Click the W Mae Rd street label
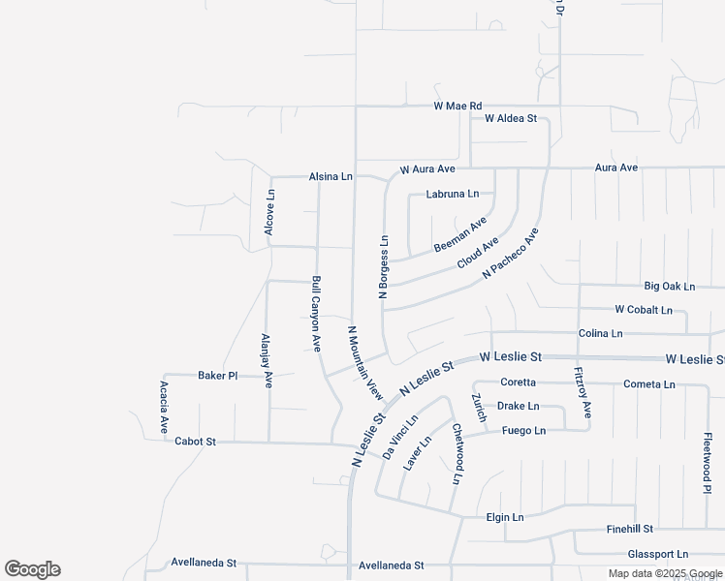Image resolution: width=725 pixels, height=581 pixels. tap(457, 106)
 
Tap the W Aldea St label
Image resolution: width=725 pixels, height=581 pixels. tap(510, 118)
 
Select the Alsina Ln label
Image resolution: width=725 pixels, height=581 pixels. tap(331, 177)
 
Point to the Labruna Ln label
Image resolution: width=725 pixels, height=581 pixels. tap(453, 194)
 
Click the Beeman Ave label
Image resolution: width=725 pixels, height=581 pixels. tap(460, 235)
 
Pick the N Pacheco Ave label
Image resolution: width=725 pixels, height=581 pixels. tap(510, 255)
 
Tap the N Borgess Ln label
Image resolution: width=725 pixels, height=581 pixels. tap(384, 266)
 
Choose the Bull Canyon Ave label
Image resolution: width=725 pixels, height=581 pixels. tap(316, 317)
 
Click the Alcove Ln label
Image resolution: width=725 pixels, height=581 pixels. tap(270, 211)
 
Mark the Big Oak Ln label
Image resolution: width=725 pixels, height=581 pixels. tap(670, 287)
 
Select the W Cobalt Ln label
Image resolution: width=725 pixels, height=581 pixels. tap(643, 310)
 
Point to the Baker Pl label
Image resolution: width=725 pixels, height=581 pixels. tap(217, 375)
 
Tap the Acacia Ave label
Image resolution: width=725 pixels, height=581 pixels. tap(164, 406)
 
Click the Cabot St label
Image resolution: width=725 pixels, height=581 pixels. tap(195, 442)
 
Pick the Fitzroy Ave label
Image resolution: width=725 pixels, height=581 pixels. tap(583, 392)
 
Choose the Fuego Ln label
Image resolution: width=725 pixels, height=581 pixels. tap(523, 431)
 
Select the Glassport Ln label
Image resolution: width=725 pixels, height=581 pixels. tap(657, 554)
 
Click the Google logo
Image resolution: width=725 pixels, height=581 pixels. tap(32, 569)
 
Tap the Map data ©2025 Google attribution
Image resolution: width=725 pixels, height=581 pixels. tap(664, 573)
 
